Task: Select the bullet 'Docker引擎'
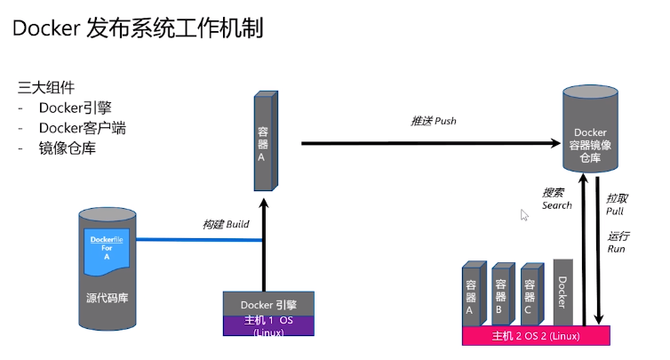[x=75, y=108]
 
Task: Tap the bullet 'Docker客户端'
[x=82, y=128]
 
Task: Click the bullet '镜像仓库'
[x=67, y=148]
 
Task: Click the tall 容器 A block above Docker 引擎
[x=263, y=142]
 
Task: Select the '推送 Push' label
[x=433, y=121]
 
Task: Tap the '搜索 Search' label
[x=557, y=198]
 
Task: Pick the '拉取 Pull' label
[x=616, y=204]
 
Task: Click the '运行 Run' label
[x=617, y=242]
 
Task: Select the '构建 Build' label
[x=226, y=224]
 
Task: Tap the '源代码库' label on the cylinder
[x=107, y=297]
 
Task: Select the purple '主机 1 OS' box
[x=267, y=324]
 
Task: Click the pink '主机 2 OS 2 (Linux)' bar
[x=536, y=336]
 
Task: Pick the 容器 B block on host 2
[x=502, y=294]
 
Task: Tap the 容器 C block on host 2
[x=531, y=294]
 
